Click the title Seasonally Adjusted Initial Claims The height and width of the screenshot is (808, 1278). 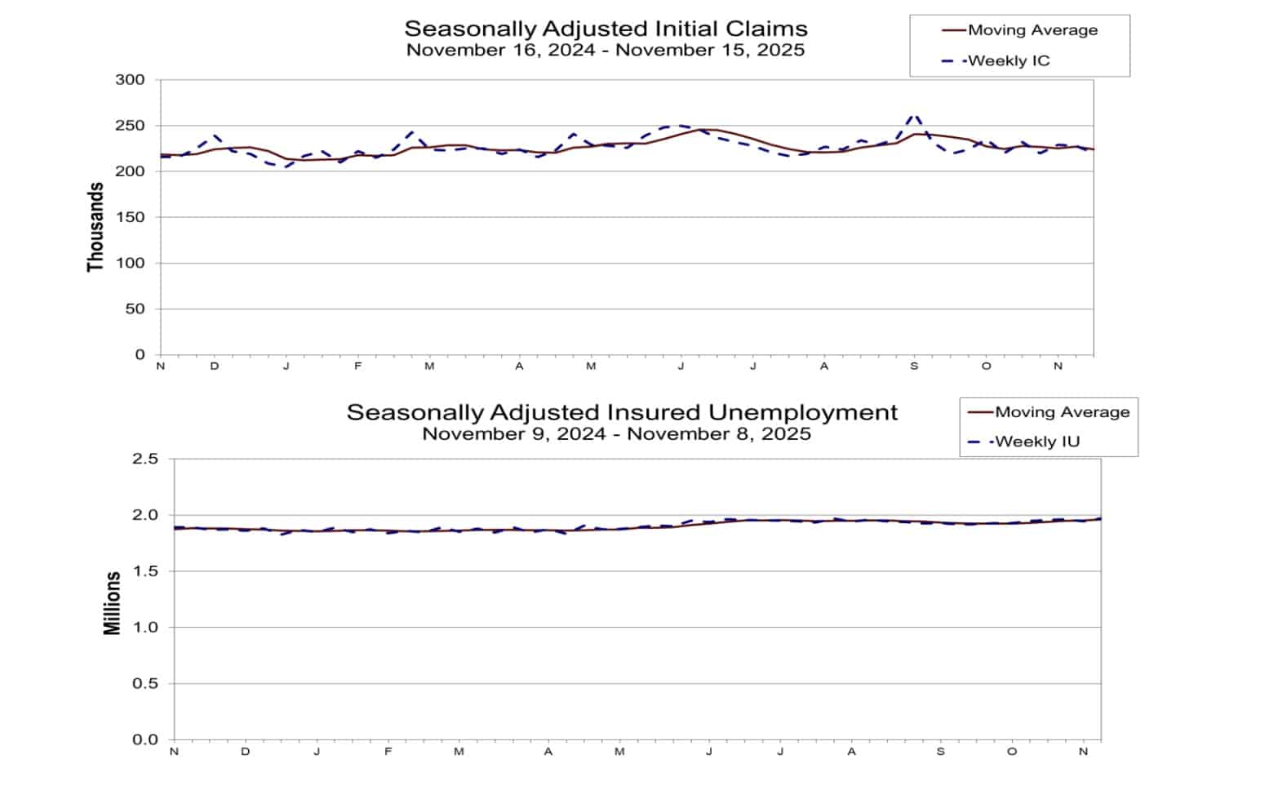(x=606, y=29)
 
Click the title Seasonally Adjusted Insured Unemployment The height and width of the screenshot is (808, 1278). (x=622, y=412)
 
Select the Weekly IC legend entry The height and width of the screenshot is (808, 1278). (x=1009, y=60)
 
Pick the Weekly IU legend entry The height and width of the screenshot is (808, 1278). (x=1037, y=442)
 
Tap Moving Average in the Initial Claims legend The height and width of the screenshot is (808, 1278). (x=1032, y=30)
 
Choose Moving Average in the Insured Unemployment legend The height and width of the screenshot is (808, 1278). (x=1062, y=412)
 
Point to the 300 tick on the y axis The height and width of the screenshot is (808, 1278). (x=131, y=80)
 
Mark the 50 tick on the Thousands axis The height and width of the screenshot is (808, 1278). (x=135, y=309)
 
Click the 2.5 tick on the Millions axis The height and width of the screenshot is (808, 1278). (x=144, y=459)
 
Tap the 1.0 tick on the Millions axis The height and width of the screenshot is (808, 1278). (x=144, y=628)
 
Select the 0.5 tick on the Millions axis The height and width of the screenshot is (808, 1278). (x=144, y=684)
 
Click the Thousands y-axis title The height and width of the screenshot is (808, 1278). (x=95, y=227)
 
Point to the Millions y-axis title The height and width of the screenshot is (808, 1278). (x=112, y=603)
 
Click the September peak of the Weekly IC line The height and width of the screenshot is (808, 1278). (x=914, y=116)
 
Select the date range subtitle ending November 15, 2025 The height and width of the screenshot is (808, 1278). (x=606, y=51)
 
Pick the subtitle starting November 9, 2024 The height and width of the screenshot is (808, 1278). (x=616, y=434)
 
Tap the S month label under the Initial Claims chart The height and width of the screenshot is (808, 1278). (x=914, y=366)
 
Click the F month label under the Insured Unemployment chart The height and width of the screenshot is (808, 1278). (x=388, y=752)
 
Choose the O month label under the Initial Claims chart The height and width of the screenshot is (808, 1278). (x=986, y=366)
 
